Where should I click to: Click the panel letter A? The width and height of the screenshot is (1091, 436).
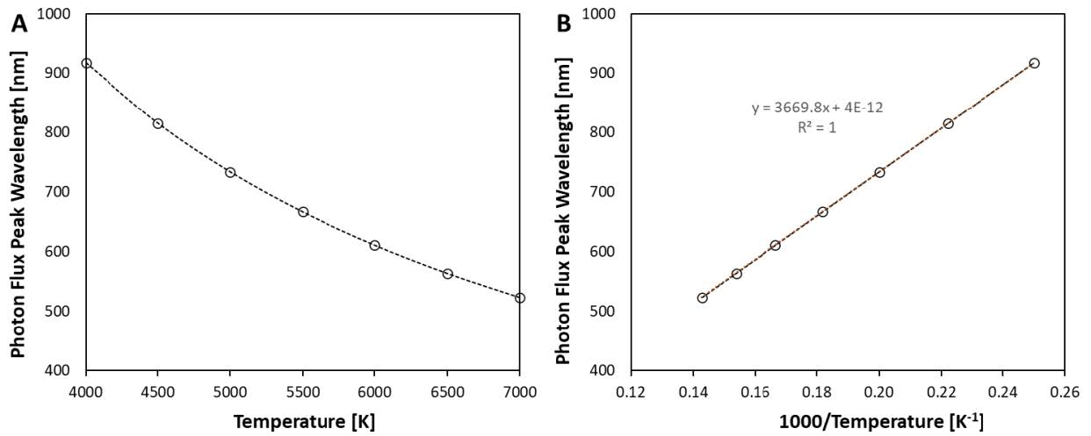(x=19, y=25)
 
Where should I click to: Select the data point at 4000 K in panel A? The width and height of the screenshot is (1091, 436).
(x=86, y=63)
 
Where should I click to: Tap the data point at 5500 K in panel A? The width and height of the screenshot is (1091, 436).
(x=303, y=211)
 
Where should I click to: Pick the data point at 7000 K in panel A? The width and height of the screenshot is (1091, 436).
(x=520, y=298)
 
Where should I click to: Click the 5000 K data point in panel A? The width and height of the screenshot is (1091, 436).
(x=230, y=172)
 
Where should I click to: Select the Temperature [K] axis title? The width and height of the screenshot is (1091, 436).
(x=303, y=420)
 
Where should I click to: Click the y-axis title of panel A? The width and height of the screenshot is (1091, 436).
(x=18, y=192)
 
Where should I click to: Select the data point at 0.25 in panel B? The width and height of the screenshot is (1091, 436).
(x=1034, y=63)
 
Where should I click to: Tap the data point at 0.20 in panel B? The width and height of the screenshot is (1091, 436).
(x=879, y=172)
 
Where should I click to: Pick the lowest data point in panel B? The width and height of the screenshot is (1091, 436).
(x=702, y=298)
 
